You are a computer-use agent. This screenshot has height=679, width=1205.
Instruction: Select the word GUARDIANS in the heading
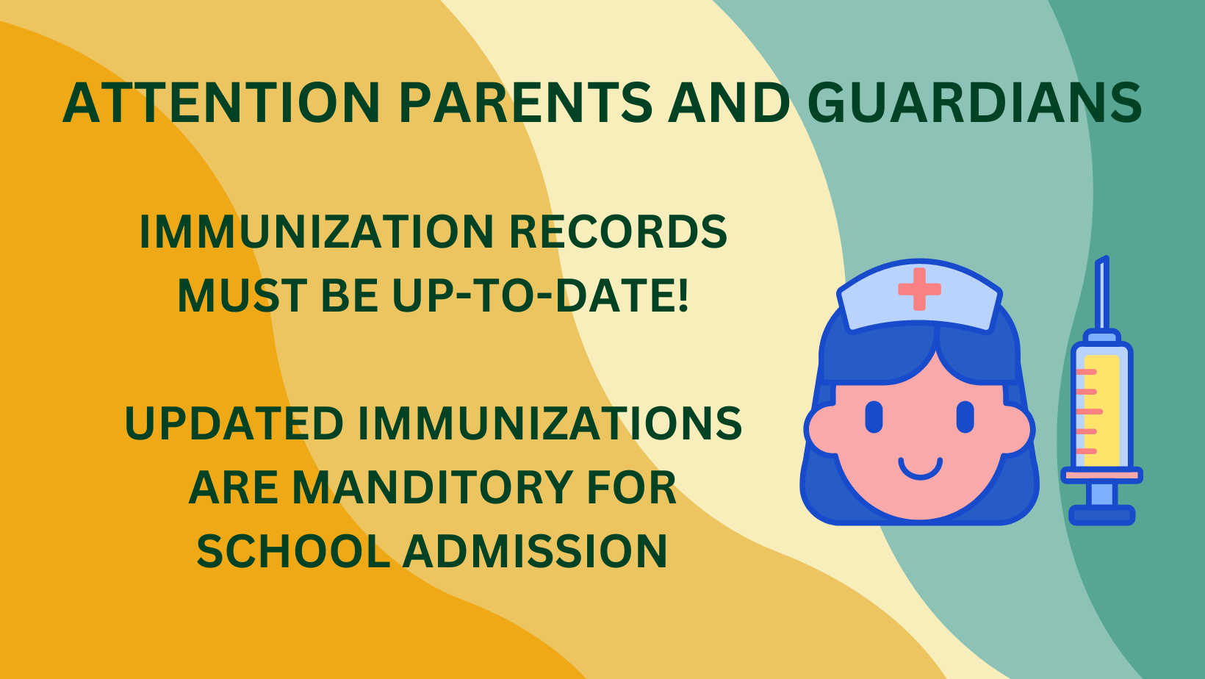tap(975, 103)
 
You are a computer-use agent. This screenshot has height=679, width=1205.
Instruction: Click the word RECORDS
tap(618, 232)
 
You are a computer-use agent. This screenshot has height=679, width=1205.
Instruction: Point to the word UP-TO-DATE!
tap(540, 295)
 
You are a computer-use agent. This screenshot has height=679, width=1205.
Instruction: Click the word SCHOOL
tap(293, 551)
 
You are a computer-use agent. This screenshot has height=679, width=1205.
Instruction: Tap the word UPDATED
tap(234, 423)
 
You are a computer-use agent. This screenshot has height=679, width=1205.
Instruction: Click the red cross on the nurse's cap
tap(919, 289)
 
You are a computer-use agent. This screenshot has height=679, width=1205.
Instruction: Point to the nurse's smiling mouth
tap(921, 469)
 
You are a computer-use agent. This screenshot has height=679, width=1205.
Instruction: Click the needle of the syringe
tap(1102, 292)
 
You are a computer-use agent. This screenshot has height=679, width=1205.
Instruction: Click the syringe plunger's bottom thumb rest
tap(1101, 515)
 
